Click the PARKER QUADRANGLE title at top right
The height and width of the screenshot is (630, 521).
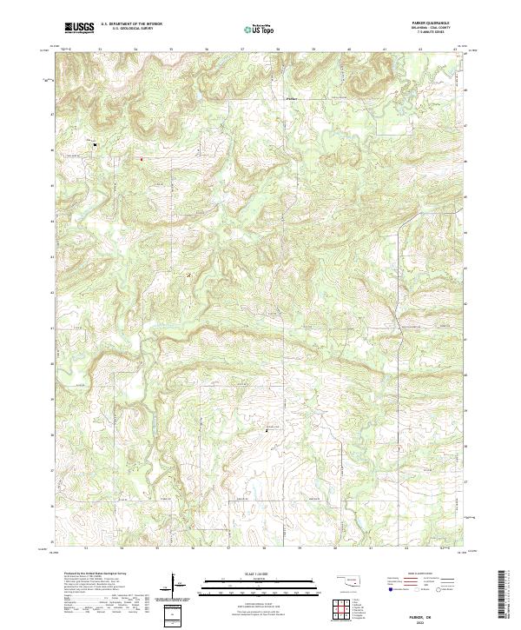pyautogui.click(x=433, y=24)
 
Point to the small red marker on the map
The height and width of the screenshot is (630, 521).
pyautogui.click(x=141, y=159)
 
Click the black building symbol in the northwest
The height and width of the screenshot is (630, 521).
pyautogui.click(x=95, y=144)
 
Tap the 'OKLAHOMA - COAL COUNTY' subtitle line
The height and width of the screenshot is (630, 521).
pyautogui.click(x=433, y=29)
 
